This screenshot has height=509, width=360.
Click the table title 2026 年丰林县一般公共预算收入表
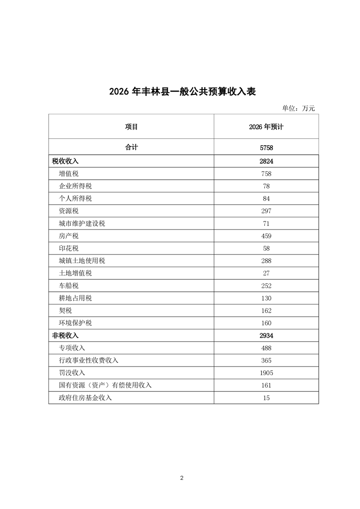coord(182,92)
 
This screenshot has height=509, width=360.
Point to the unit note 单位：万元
coord(298,108)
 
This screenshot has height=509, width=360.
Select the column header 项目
coord(131,127)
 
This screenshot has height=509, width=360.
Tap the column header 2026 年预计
coord(266,127)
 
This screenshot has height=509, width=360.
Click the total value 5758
coord(266,147)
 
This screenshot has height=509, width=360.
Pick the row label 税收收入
coord(65,161)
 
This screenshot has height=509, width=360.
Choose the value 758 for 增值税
coord(266,174)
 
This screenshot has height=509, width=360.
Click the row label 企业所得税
coord(75,186)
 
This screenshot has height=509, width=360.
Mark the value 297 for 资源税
coord(266,211)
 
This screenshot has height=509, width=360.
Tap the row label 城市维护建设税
coord(82,224)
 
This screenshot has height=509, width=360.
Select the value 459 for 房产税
coord(266,236)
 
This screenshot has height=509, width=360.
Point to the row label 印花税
coord(69,249)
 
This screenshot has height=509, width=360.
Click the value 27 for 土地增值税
coord(266,273)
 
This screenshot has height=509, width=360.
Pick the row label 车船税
coord(69,286)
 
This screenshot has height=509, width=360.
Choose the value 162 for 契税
coord(266,311)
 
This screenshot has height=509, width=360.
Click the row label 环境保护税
coord(75,323)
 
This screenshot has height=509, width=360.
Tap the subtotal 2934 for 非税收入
coord(266,336)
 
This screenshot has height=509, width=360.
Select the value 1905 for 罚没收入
coord(266,373)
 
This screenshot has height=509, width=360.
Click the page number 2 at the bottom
coord(182,478)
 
